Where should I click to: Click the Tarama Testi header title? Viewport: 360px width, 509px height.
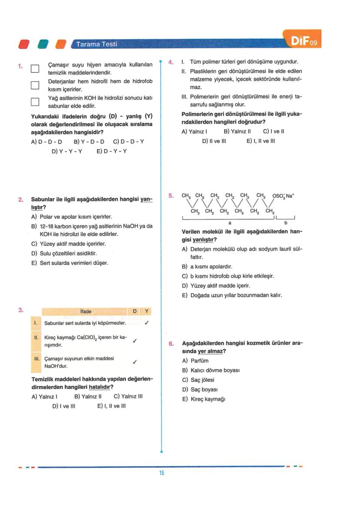(96, 44)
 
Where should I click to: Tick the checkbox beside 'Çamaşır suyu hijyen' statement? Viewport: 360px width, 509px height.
(35, 69)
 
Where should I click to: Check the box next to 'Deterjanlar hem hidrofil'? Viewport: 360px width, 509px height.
(35, 85)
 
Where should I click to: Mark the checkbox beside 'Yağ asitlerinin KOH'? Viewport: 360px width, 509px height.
(35, 102)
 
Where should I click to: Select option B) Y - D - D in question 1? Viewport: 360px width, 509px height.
(89, 142)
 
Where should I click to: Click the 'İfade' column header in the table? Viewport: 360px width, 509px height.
(86, 311)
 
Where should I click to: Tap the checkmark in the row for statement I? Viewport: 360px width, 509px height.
(147, 323)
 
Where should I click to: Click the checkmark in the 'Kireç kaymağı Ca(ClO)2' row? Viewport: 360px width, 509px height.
(135, 341)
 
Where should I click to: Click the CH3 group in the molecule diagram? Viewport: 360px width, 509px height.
(186, 195)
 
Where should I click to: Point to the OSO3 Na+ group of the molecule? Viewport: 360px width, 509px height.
(283, 196)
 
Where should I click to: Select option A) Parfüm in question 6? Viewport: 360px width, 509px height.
(195, 361)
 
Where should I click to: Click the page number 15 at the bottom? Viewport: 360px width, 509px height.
(161, 473)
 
